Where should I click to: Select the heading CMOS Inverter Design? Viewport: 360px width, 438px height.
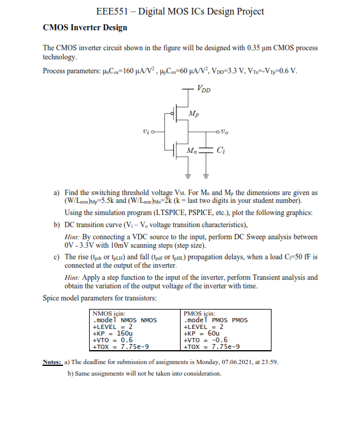[x=85, y=27]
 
